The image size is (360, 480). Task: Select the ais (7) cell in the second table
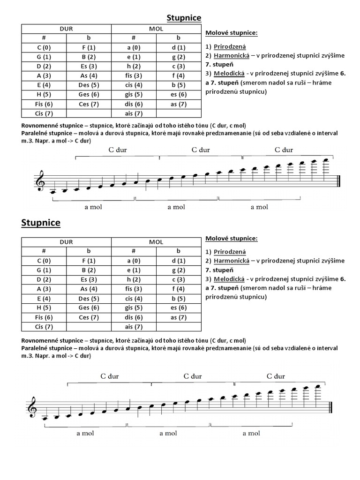point(134,327)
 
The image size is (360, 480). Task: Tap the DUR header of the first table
point(66,29)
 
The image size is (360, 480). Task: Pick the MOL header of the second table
point(156,242)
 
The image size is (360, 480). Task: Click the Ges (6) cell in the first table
point(89,94)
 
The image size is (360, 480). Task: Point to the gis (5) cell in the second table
point(134,308)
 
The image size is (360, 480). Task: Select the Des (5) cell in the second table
point(89,298)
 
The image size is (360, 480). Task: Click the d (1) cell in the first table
point(179,47)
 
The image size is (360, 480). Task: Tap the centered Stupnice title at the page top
point(184,18)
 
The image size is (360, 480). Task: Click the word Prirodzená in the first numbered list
point(230,46)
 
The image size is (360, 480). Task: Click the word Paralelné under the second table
point(37,348)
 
